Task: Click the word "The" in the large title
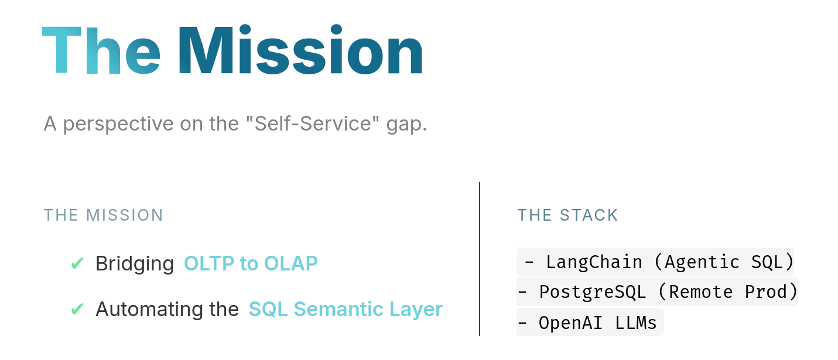101,50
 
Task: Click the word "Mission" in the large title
300,50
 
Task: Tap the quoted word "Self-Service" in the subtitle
313,124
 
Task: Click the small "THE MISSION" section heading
104,215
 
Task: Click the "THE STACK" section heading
567,215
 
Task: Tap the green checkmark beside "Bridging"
77,263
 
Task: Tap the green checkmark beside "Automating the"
77,309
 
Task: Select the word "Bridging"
135,265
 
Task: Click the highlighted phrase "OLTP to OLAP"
251,263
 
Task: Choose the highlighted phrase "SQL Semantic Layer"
346,310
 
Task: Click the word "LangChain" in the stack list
594,262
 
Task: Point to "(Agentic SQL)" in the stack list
724,262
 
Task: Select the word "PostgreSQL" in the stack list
593,292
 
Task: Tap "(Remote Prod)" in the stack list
728,292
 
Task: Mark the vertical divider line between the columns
480,259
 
